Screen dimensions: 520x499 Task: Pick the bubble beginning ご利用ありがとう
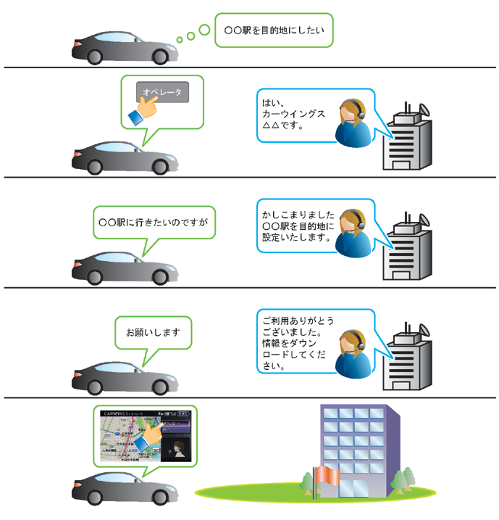tap(298, 340)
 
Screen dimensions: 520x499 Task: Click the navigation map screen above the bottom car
tap(145, 437)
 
